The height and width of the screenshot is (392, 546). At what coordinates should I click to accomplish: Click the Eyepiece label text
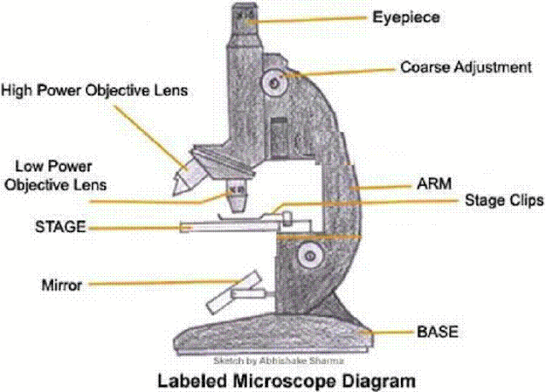406,18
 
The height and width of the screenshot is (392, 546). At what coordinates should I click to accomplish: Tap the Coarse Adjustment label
466,67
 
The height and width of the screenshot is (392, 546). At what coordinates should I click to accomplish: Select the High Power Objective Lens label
95,90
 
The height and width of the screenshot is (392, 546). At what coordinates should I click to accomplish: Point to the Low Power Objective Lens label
55,176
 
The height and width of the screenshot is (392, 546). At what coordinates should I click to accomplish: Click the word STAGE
61,227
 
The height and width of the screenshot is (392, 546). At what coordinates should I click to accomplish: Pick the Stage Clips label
504,200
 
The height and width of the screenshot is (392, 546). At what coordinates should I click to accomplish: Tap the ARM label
434,184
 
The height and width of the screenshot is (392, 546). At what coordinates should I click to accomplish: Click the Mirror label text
61,285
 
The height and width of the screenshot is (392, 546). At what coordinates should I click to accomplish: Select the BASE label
438,331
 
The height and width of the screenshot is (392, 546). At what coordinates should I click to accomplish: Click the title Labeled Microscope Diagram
287,381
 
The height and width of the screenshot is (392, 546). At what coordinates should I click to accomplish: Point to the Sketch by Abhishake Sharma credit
279,360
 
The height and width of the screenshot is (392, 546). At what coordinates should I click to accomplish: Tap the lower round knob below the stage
310,257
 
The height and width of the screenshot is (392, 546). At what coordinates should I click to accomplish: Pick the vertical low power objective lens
237,196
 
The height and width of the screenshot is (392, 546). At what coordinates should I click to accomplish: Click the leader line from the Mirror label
165,283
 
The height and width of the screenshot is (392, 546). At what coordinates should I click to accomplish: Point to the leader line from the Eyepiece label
307,20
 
